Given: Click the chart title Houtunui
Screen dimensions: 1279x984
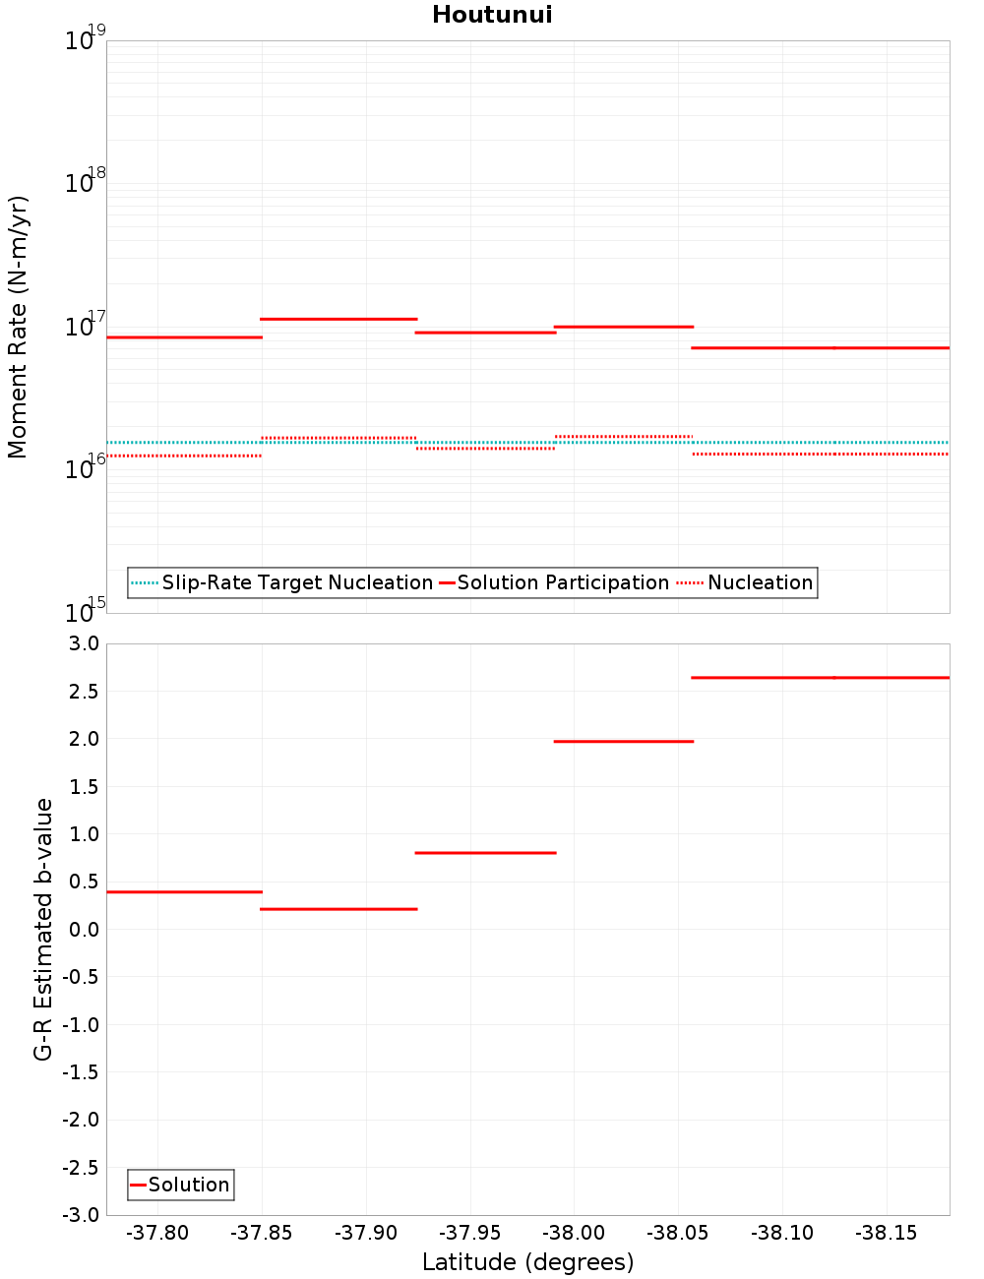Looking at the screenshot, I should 492,15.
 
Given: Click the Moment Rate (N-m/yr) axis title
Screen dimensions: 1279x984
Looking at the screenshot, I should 18,327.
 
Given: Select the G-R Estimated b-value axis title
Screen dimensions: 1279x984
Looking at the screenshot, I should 43,929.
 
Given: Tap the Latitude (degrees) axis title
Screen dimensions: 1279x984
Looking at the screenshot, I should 527,1262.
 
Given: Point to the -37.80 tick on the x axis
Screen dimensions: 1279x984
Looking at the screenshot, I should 158,1234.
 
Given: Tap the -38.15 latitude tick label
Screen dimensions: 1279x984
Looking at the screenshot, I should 887,1234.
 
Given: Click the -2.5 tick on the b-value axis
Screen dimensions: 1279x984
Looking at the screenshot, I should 82,1168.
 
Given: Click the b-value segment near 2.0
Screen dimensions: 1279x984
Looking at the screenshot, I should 624,741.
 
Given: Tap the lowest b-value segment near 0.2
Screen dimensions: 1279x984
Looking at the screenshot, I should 338,909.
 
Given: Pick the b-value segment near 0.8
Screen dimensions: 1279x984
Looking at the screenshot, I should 485,852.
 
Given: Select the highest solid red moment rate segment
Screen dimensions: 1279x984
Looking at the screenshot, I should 338,319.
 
